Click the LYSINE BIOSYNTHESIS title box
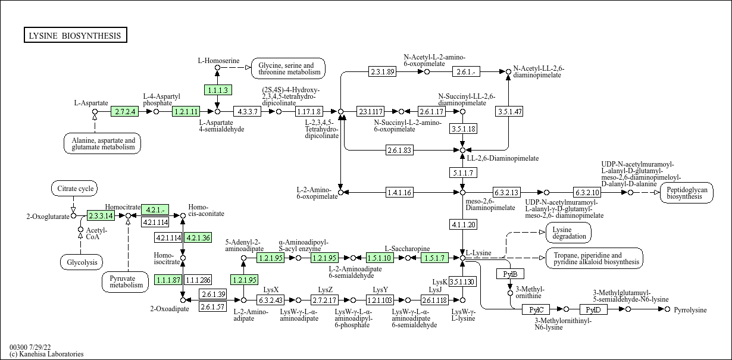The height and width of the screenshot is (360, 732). coord(75,36)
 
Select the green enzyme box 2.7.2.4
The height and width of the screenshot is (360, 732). coord(125,111)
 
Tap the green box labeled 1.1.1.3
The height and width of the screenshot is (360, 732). coord(217,90)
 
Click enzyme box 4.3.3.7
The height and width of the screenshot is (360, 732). coord(248,111)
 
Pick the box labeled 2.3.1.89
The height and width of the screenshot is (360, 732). coord(382,71)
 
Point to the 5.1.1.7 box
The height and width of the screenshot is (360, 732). coord(462,173)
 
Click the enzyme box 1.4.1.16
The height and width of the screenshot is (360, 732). coord(399,192)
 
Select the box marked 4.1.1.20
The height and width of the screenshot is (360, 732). coord(462,224)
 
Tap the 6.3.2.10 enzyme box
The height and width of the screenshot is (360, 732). coord(587,192)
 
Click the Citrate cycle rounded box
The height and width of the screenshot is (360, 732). coord(73,189)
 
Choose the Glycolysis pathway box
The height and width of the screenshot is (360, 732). coord(82,262)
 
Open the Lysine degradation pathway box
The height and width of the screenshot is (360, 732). coord(568,233)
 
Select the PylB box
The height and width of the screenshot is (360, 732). coord(510,274)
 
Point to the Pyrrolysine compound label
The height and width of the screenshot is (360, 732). coord(690,310)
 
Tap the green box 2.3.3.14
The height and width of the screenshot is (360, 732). coord(101,215)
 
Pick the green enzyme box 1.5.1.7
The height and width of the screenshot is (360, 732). coord(434,258)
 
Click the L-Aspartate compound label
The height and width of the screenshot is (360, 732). coord(91,103)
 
